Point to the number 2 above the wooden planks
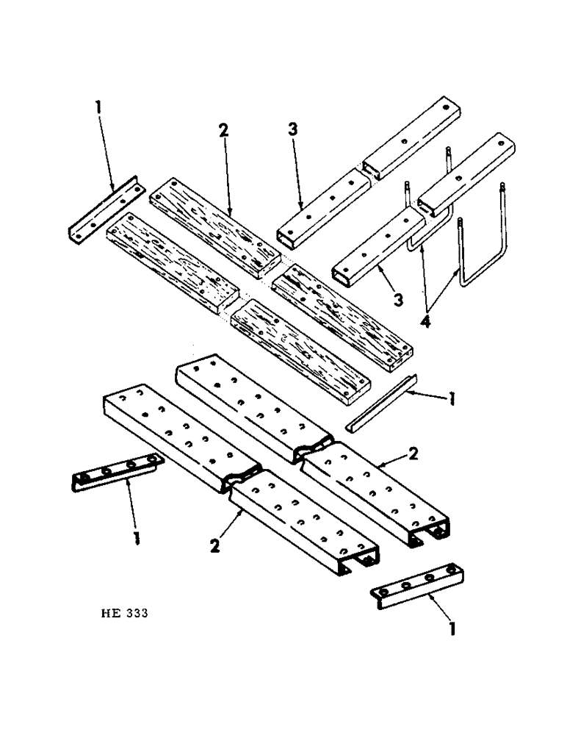223,131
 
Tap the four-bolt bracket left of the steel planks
116,475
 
